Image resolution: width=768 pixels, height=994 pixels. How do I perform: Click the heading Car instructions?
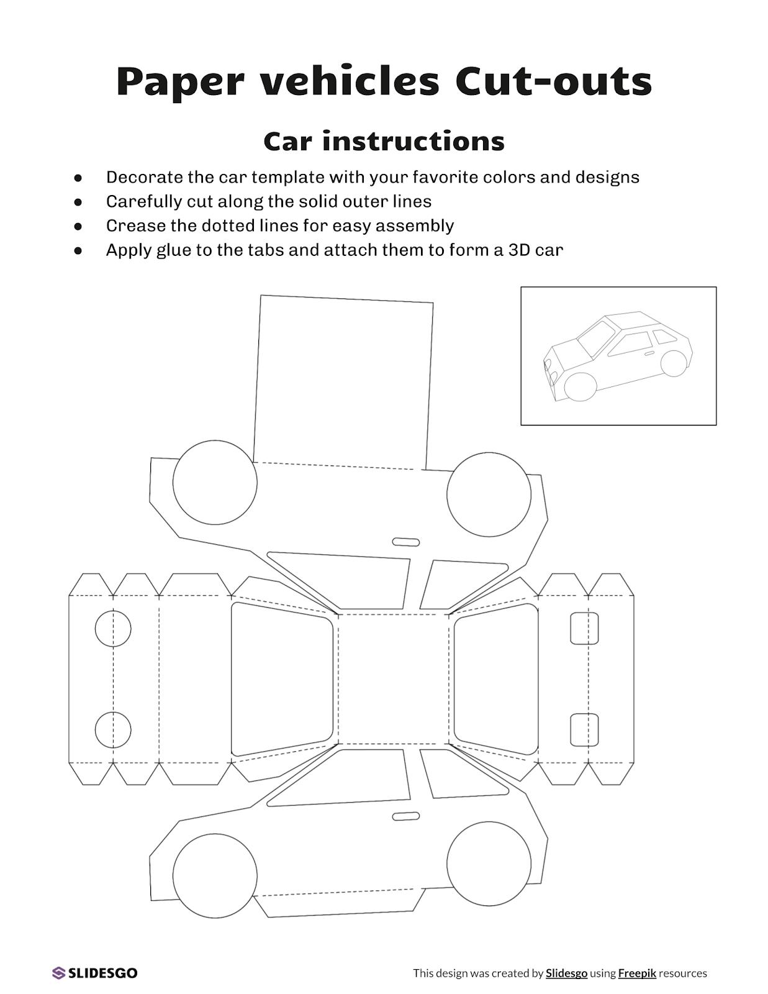(x=384, y=142)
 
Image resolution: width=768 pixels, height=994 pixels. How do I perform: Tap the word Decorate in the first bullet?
(x=144, y=178)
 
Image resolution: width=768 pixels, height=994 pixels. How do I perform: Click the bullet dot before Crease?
(x=78, y=226)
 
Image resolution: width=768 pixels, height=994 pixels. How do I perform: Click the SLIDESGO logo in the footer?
(x=95, y=973)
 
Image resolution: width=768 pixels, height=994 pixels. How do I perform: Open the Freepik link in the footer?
(x=636, y=973)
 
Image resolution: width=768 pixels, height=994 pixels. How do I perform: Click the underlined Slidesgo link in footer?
(x=566, y=973)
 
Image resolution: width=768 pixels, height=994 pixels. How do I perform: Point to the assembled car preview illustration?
(x=618, y=356)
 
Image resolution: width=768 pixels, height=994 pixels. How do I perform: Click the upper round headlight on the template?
(x=113, y=629)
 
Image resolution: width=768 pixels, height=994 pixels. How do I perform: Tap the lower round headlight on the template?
(x=113, y=730)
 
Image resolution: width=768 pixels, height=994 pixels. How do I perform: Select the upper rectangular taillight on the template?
(x=584, y=628)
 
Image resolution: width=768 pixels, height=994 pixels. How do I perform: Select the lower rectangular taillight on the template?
(x=584, y=730)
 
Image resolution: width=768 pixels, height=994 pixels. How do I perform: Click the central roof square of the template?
(x=393, y=678)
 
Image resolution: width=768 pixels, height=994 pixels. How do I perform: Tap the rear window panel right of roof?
(x=497, y=678)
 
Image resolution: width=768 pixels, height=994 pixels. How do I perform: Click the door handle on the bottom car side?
(x=406, y=816)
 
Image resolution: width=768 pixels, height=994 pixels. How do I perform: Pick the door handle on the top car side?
(x=406, y=542)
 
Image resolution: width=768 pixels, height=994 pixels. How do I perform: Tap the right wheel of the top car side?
(x=489, y=495)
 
